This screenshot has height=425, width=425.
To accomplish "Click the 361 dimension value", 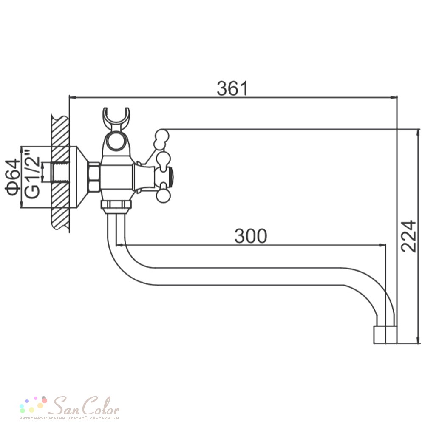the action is click(232, 88).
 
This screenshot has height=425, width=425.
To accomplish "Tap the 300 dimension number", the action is click(251, 236).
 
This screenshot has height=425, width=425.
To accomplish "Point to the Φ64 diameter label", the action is click(13, 178).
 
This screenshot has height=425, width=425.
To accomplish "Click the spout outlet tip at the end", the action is click(385, 334).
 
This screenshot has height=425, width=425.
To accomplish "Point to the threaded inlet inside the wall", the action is click(60, 173).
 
